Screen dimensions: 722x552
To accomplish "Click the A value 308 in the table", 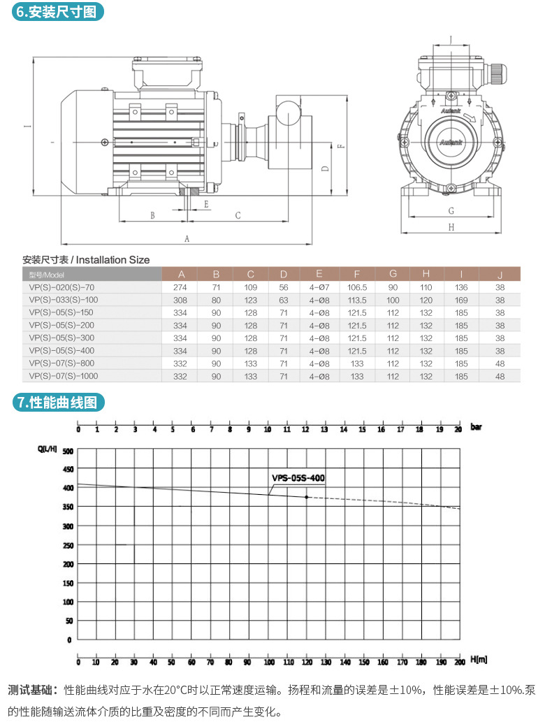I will click(181, 299).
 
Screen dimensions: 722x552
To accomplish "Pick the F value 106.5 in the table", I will click(357, 287).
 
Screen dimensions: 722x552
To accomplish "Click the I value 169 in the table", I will click(461, 299).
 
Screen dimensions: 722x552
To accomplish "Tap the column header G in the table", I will click(393, 274).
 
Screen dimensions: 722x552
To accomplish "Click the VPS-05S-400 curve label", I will click(298, 478).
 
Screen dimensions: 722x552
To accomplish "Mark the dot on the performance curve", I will click(306, 497).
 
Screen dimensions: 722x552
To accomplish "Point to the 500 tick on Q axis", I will click(67, 451).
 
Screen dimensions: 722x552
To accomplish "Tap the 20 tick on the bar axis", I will click(458, 428).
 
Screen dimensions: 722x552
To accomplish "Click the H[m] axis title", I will click(478, 660).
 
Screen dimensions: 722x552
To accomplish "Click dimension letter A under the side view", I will click(187, 238).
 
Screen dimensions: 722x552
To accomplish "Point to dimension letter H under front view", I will click(451, 227).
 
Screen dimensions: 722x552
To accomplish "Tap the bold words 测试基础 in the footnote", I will click(31, 690).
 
